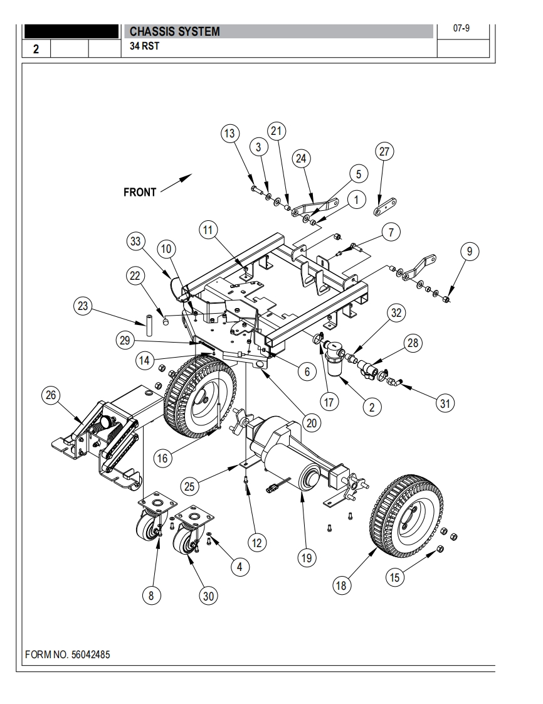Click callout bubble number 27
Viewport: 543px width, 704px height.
point(385,152)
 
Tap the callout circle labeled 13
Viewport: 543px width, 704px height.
point(230,134)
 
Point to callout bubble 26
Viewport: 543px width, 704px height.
point(51,395)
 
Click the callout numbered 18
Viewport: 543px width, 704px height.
point(341,585)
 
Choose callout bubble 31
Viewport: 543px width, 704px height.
point(445,403)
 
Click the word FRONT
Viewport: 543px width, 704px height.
point(140,193)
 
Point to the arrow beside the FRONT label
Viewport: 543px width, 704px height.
point(176,183)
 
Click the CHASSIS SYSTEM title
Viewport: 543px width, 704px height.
point(175,32)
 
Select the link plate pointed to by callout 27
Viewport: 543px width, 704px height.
point(385,207)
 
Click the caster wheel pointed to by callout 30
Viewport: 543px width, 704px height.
point(185,541)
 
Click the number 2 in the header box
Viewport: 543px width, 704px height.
point(36,50)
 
